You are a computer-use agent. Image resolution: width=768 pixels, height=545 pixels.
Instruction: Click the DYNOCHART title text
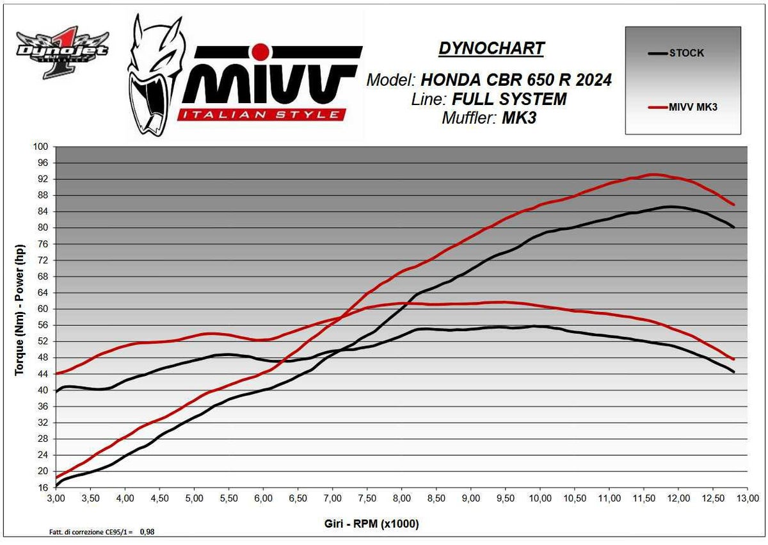click(x=492, y=48)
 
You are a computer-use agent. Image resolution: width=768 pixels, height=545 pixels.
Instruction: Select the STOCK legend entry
click(x=686, y=53)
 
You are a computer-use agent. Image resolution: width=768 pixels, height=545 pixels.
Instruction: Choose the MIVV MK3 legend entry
click(x=693, y=107)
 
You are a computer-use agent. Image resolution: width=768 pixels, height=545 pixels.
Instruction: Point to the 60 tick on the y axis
click(x=42, y=309)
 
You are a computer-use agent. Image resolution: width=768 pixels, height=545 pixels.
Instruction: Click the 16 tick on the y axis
click(x=42, y=487)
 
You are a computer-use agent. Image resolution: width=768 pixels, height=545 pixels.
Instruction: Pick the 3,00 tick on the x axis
click(x=56, y=498)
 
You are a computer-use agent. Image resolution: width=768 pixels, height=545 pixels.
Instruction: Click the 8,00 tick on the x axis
click(x=401, y=498)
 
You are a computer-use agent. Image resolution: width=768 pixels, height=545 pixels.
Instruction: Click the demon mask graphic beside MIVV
click(x=152, y=75)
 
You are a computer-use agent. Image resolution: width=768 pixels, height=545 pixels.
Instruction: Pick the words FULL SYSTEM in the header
click(x=508, y=99)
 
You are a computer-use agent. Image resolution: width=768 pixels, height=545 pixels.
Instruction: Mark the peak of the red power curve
click(x=653, y=174)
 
